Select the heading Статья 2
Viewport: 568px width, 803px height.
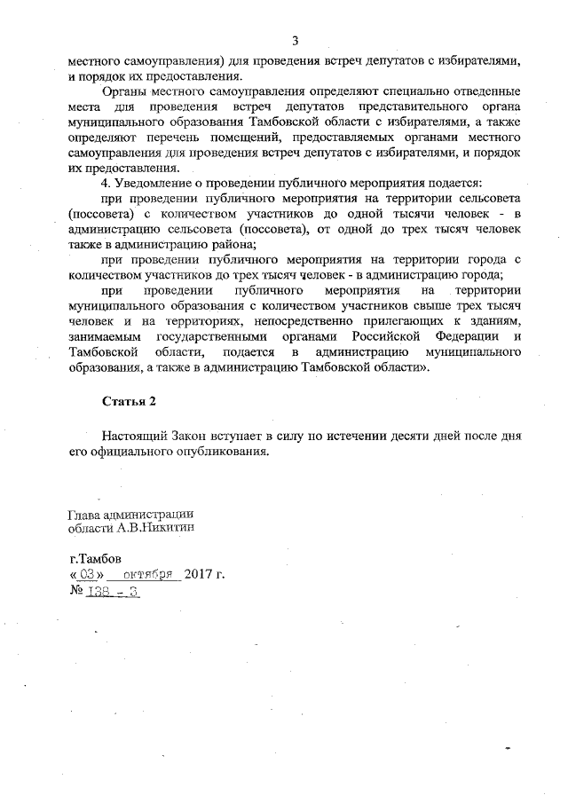pos(129,401)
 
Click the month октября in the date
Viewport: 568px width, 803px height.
pos(150,574)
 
